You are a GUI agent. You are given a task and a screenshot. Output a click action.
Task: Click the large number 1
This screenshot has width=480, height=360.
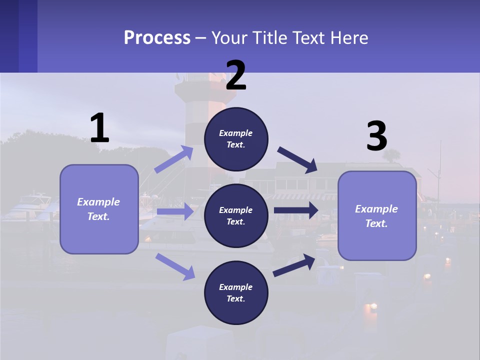click(99, 128)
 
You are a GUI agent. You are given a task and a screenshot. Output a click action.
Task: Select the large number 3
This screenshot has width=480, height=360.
click(376, 136)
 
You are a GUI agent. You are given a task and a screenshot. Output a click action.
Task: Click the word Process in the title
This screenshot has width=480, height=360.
click(157, 37)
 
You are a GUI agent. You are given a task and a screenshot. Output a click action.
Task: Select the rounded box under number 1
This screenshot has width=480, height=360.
click(99, 209)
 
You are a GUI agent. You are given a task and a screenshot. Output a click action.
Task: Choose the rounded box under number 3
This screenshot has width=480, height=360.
click(377, 215)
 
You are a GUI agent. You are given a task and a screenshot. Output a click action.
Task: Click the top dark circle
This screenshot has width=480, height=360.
click(236, 139)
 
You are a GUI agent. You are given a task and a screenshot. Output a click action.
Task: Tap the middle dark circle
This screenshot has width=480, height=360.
click(236, 215)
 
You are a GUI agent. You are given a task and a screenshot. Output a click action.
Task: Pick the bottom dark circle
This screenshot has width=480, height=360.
click(236, 292)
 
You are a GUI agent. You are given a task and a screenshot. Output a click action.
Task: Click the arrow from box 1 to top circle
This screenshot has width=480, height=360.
click(173, 159)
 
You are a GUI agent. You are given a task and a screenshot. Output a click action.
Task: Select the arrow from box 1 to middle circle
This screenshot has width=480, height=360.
click(175, 211)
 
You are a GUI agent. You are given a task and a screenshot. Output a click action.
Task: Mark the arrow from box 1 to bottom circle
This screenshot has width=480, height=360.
click(175, 266)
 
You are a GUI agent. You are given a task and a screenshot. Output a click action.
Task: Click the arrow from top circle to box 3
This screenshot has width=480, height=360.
click(297, 160)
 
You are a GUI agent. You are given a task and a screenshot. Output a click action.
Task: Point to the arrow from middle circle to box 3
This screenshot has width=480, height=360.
click(296, 210)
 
